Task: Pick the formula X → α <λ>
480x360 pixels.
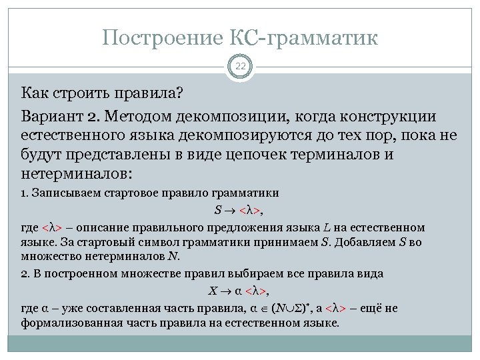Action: point(239,291)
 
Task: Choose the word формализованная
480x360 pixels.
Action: point(73,323)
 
